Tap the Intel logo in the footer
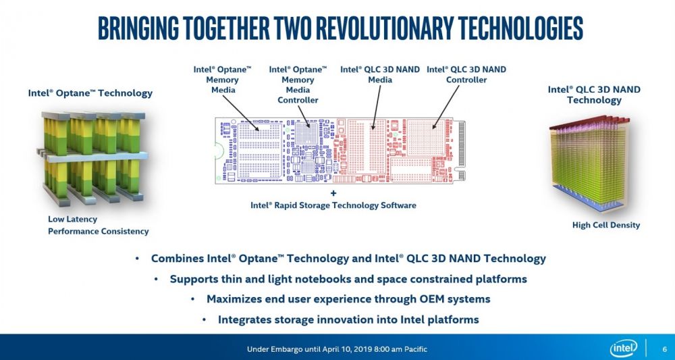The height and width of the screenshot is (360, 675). pos(622,349)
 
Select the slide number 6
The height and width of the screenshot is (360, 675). pos(665,349)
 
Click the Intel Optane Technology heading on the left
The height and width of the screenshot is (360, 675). pos(90,93)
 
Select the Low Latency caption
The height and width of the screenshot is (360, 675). pos(72,219)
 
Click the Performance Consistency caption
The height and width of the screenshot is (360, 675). pos(98,231)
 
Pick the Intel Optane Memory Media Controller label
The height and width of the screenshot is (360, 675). pos(298,84)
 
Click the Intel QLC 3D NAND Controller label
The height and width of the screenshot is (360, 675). pos(466,74)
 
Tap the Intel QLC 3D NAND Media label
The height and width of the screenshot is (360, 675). pos(380,74)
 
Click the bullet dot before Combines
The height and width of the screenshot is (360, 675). pos(138,259)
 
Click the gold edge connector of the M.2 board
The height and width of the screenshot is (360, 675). pos(462,149)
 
